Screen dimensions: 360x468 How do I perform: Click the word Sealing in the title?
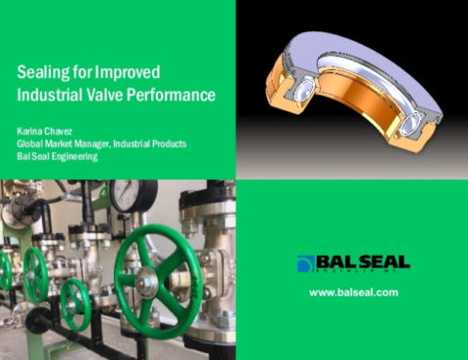tap(45, 74)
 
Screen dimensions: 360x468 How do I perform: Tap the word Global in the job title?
tap(33, 143)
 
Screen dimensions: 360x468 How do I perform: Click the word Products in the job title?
tap(164, 143)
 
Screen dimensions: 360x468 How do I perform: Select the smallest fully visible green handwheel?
tap(75, 304)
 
